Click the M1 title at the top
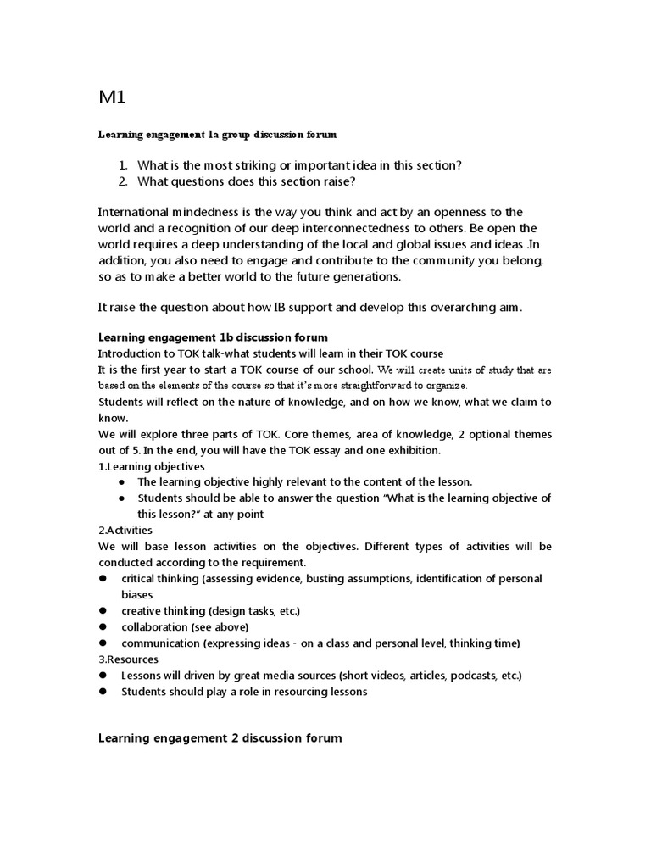(x=112, y=97)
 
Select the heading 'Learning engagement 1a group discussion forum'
(x=217, y=134)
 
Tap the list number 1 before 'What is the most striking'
(x=123, y=164)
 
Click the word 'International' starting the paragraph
(x=135, y=211)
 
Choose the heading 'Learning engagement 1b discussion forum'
(x=213, y=337)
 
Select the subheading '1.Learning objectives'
(x=152, y=466)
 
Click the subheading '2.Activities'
(x=126, y=530)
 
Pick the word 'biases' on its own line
(x=138, y=594)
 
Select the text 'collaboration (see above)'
(x=185, y=626)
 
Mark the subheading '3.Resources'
(x=128, y=659)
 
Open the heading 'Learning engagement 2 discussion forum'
(x=220, y=738)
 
